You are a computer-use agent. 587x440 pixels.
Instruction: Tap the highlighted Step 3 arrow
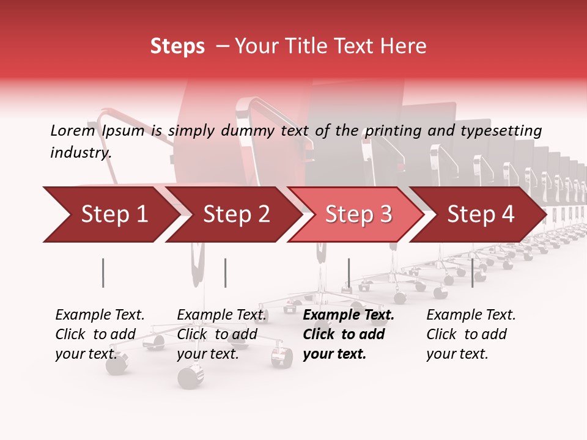pyautogui.click(x=358, y=215)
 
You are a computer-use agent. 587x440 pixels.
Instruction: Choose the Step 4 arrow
pyautogui.click(x=481, y=215)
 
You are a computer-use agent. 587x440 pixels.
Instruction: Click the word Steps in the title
pyautogui.click(x=177, y=46)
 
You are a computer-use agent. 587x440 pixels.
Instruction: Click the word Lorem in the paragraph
pyautogui.click(x=73, y=131)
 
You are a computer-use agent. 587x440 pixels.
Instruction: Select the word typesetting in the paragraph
pyautogui.click(x=501, y=131)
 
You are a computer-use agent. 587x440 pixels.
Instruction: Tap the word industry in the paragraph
pyautogui.click(x=81, y=153)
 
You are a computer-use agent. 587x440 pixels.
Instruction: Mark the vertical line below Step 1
pyautogui.click(x=103, y=273)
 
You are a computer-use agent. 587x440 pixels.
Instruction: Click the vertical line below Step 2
pyautogui.click(x=226, y=273)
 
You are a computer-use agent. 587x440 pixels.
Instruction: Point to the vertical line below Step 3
pyautogui.click(x=349, y=273)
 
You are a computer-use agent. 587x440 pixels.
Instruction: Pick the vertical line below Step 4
pyautogui.click(x=472, y=273)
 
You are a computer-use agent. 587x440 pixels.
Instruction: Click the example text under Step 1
pyautogui.click(x=100, y=334)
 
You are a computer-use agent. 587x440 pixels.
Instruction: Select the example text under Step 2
pyautogui.click(x=221, y=334)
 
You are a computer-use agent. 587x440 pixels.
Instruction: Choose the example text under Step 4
pyautogui.click(x=471, y=334)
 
